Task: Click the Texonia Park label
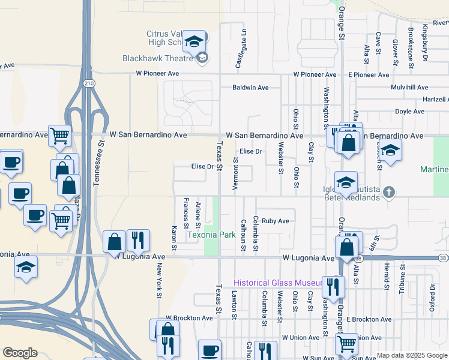(211, 235)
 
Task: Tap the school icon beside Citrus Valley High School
(194, 41)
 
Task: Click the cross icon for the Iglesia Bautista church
(389, 193)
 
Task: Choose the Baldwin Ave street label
(250, 88)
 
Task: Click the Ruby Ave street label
(275, 221)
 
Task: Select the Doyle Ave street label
(409, 112)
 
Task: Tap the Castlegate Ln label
(241, 49)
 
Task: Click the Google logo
(20, 353)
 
